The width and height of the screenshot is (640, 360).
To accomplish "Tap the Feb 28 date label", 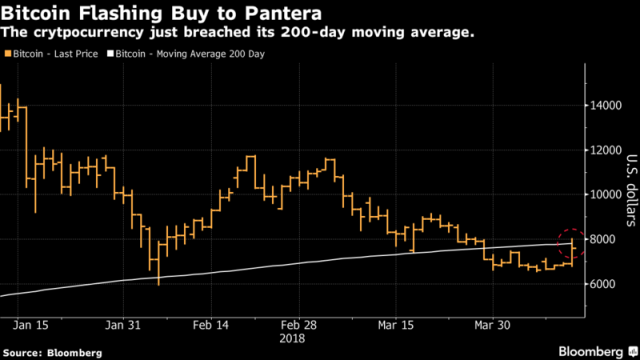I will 299,325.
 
